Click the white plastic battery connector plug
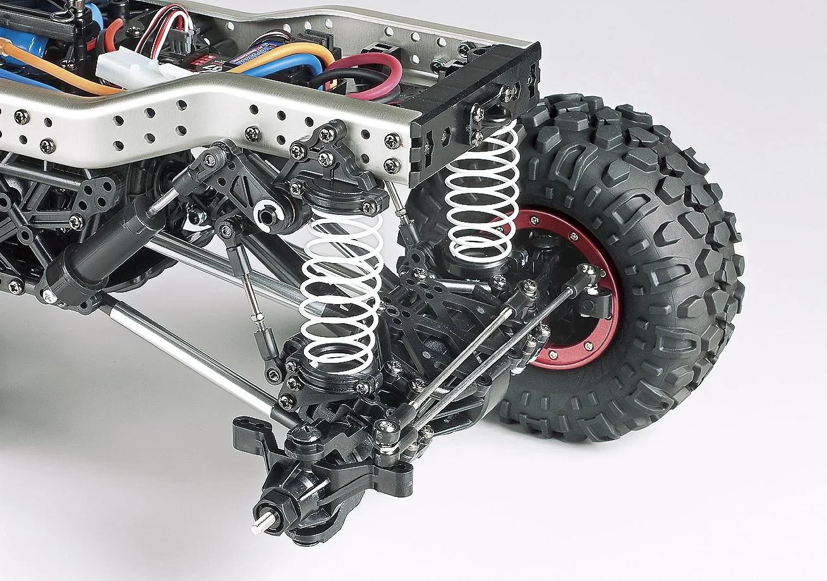[x=126, y=64]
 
